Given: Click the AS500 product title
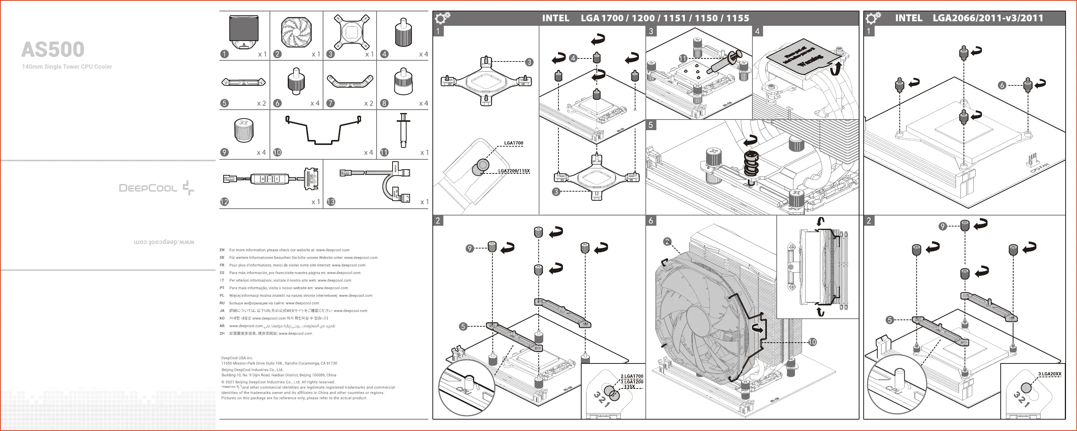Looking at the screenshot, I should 53,50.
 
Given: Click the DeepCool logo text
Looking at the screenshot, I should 148,188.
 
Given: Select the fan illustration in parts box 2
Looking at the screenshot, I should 296,33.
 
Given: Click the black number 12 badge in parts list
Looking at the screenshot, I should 224,202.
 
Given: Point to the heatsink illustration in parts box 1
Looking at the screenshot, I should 244,32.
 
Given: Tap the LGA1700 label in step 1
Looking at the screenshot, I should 513,143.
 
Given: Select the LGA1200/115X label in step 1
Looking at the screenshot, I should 514,171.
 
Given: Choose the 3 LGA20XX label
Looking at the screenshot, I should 1049,374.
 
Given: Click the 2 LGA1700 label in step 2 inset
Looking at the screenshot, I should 632,376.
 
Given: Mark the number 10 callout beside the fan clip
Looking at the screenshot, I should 812,342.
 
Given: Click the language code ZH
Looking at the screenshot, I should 222,333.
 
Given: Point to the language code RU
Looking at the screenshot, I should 222,303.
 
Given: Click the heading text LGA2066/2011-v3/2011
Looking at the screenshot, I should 987,18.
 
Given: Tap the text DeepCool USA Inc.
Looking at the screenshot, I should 237,358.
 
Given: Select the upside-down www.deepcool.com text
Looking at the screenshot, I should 164,242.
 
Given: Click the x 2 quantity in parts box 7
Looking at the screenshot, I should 368,103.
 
